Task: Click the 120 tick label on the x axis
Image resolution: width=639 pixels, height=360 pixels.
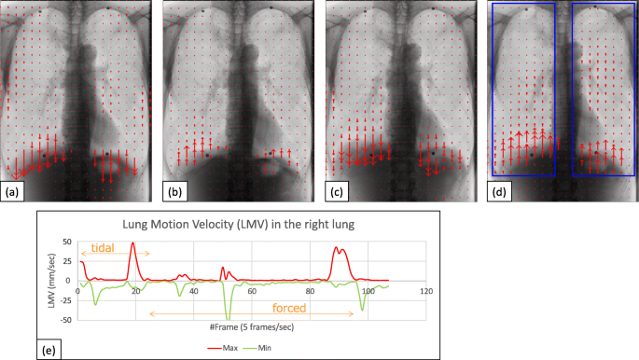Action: click(x=426, y=292)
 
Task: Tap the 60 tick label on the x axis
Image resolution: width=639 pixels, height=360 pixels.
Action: click(x=252, y=292)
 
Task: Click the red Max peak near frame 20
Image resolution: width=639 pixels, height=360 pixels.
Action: click(x=133, y=243)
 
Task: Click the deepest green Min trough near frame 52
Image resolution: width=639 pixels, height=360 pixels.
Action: click(x=228, y=319)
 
